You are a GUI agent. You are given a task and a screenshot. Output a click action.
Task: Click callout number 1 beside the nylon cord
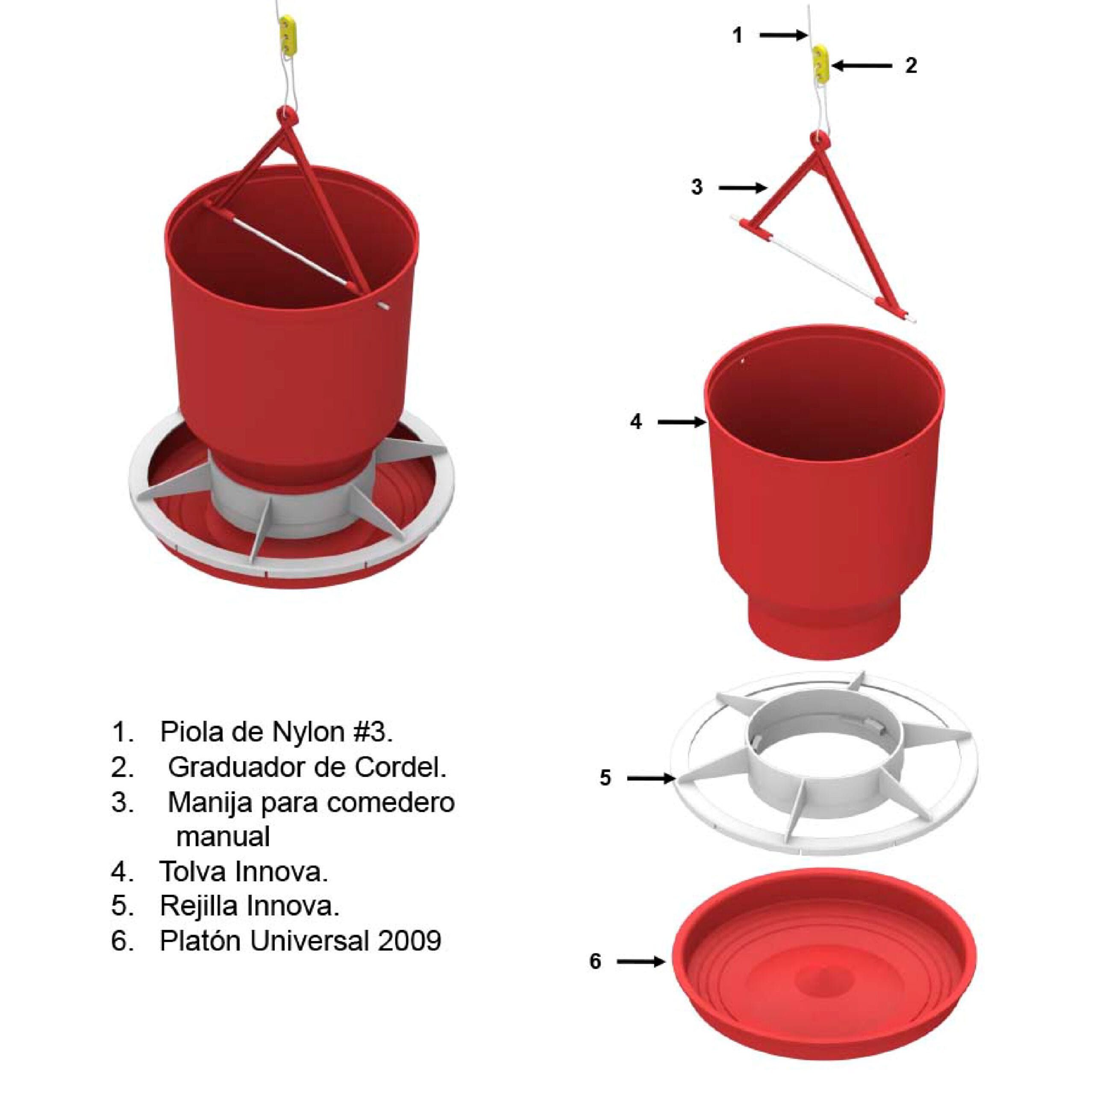pyautogui.click(x=737, y=35)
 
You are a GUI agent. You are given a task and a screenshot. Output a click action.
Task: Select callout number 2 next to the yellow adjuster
pyautogui.click(x=911, y=66)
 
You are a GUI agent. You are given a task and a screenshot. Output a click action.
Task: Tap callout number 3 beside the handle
pyautogui.click(x=697, y=187)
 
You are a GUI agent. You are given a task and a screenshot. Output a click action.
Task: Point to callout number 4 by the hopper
pyautogui.click(x=636, y=422)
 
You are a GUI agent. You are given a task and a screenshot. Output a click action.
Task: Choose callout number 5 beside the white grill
pyautogui.click(x=605, y=778)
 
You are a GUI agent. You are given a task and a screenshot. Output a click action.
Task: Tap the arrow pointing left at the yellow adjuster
pyautogui.click(x=861, y=66)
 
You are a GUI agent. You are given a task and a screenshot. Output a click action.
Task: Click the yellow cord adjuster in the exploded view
pyautogui.click(x=820, y=65)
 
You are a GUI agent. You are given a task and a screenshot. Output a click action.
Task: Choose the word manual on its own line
pyautogui.click(x=223, y=836)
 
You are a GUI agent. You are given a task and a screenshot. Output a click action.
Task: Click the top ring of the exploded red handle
pyautogui.click(x=819, y=139)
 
